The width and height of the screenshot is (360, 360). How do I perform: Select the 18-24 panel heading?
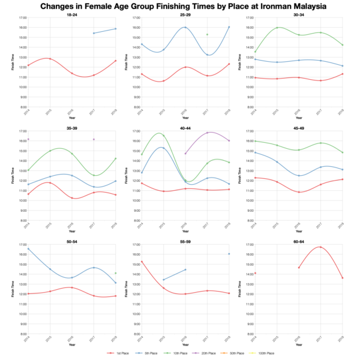71,14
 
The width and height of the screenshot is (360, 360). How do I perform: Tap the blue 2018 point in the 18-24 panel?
115,29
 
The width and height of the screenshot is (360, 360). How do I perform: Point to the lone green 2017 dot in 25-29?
206,35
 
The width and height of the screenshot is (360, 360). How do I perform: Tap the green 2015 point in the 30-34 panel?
276,28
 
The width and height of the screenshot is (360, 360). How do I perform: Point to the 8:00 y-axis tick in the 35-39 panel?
17,220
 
